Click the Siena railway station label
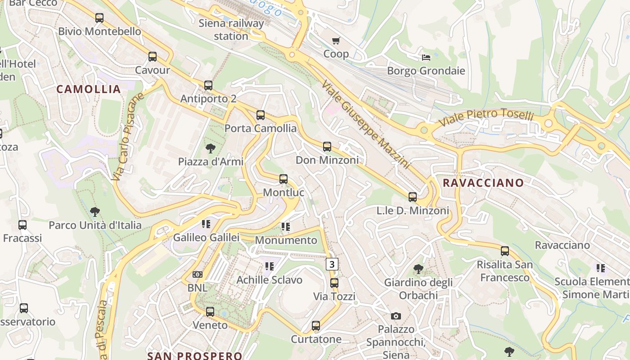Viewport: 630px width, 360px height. (231, 30)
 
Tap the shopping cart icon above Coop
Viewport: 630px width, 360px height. (336, 41)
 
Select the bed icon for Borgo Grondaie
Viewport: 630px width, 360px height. (426, 58)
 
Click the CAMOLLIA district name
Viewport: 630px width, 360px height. (89, 89)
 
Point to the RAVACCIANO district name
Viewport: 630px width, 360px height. (483, 183)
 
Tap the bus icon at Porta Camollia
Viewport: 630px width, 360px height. (261, 115)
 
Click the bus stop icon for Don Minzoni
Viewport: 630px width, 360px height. (327, 147)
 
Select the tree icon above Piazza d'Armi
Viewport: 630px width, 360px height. (210, 148)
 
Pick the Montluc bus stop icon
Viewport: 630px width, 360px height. (283, 179)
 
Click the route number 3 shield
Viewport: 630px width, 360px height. (332, 264)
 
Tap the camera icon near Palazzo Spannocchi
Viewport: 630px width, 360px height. (396, 316)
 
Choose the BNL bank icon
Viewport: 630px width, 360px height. (198, 274)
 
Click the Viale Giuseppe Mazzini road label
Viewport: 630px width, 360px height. (366, 124)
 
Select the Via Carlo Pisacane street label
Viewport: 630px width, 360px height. (128, 136)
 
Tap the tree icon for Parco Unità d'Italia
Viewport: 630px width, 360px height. (94, 211)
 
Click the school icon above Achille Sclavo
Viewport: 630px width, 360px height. (270, 266)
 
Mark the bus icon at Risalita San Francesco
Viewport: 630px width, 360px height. (505, 251)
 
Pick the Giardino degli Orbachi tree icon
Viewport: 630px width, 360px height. (418, 269)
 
